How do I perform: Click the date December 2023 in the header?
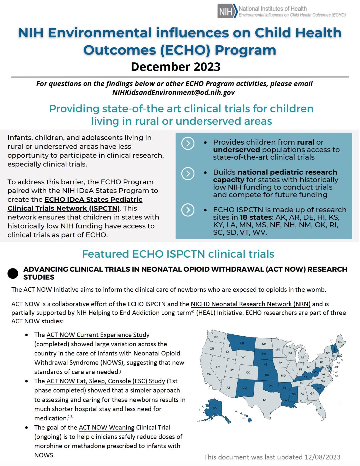pos(176,67)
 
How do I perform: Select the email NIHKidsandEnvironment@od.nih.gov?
pos(173,93)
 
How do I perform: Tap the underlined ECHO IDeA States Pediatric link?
pos(93,199)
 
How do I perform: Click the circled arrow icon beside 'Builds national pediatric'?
pos(187,173)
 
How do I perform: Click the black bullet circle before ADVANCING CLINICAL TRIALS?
pos(13,273)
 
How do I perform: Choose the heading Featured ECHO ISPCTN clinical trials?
pos(178,254)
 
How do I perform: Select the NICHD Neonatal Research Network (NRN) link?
pos(251,304)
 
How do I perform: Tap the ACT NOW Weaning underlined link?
pos(106,427)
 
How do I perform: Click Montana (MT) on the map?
pos(242,344)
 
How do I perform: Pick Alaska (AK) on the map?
pos(215,408)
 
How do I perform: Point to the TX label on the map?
pos(264,400)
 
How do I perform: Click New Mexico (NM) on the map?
pos(244,388)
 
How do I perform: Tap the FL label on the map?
pos(320,408)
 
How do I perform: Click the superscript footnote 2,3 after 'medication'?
pos(70,416)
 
